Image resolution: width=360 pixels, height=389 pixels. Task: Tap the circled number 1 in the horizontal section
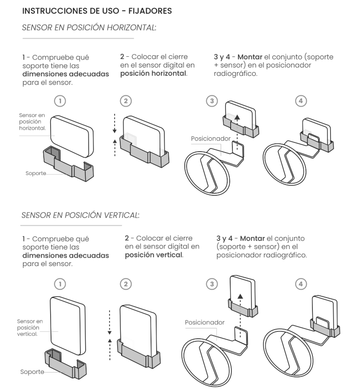click(61, 101)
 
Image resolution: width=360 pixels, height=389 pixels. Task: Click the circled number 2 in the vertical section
click(125, 284)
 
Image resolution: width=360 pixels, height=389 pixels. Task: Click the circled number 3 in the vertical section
click(212, 284)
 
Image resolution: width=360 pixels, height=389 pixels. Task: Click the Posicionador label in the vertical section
click(205, 322)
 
